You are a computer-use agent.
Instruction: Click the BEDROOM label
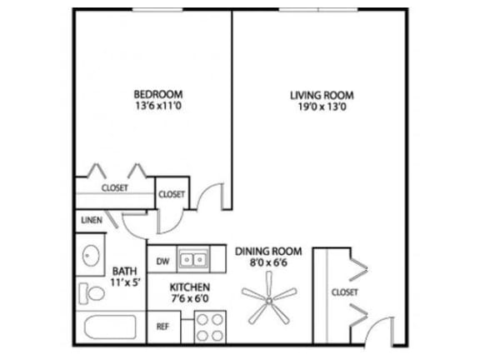click(157, 94)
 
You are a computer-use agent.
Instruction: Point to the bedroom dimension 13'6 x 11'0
click(157, 107)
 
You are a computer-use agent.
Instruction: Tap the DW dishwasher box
click(162, 261)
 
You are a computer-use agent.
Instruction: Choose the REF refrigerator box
click(162, 327)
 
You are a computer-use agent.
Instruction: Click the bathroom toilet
click(87, 293)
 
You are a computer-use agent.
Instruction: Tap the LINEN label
click(91, 221)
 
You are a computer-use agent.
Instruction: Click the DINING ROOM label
click(268, 251)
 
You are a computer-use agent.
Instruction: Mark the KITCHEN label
click(190, 287)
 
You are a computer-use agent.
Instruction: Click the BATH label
click(124, 271)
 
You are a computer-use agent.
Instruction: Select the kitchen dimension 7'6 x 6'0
click(190, 298)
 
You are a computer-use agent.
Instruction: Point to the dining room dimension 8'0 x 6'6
click(268, 262)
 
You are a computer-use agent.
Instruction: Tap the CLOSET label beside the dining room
click(344, 292)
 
